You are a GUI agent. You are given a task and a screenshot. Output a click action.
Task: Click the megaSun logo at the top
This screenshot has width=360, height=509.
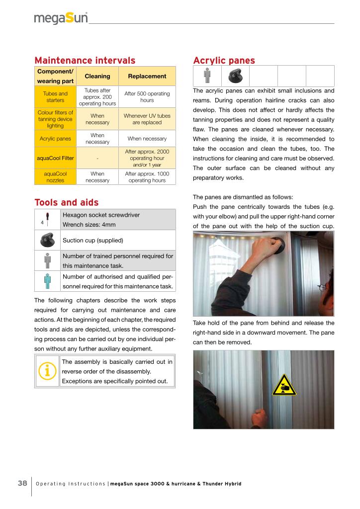tap(61, 18)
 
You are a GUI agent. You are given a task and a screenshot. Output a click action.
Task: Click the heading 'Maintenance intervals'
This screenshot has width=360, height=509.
tap(85, 61)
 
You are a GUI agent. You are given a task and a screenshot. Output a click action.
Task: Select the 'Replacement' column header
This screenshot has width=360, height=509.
tap(147, 76)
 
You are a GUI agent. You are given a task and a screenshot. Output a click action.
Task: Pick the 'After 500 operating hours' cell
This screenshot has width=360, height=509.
tap(147, 97)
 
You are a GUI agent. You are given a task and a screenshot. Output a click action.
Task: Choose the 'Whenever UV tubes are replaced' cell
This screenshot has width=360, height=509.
tap(147, 119)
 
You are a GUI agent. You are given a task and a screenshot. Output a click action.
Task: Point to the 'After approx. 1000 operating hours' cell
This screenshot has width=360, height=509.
tap(147, 177)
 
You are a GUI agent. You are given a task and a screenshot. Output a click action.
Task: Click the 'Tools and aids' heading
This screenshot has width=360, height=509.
tap(66, 202)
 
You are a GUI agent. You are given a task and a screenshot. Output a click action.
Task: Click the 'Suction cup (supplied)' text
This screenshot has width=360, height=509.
tap(92, 240)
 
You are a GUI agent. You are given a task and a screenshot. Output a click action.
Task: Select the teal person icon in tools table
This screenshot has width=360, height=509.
tap(47, 281)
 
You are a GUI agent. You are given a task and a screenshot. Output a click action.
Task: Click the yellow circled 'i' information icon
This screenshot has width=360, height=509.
tap(47, 371)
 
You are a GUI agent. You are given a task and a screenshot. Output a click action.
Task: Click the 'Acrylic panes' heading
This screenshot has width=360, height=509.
tap(224, 61)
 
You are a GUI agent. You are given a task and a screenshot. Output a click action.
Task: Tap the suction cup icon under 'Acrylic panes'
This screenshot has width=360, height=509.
tap(235, 76)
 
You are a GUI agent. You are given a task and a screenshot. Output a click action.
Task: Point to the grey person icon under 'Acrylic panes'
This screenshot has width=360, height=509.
tap(207, 76)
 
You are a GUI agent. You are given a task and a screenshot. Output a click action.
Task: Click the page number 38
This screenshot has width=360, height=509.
tap(22, 484)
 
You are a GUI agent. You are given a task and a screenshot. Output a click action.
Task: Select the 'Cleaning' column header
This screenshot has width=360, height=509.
tap(97, 76)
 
